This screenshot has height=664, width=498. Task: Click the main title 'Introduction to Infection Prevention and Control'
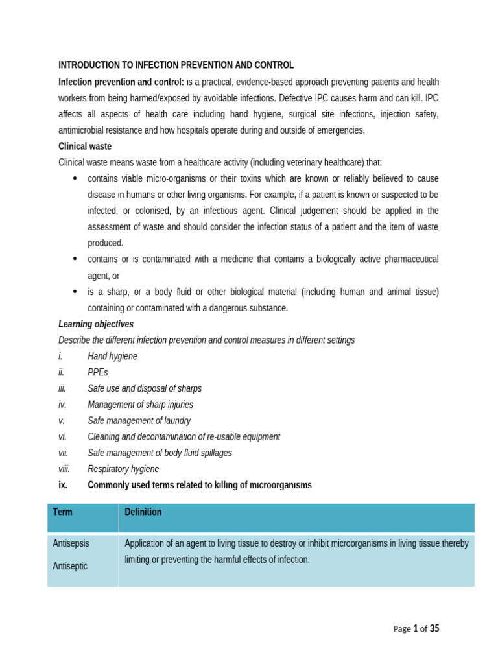(x=176, y=65)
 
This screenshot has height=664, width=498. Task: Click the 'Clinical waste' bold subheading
(x=85, y=147)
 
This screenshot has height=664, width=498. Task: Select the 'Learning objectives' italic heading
(x=96, y=324)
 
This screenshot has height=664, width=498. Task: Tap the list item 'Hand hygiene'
(x=112, y=356)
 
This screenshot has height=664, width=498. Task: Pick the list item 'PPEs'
(x=98, y=372)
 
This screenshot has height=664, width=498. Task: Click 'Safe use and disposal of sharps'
(x=145, y=388)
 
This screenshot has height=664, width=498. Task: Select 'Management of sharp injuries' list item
(x=140, y=405)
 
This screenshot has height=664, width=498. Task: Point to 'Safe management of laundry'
(x=139, y=421)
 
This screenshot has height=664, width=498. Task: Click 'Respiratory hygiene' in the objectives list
(x=123, y=469)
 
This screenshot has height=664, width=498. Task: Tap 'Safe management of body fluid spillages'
(x=160, y=453)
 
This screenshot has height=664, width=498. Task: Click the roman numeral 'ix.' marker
(x=63, y=485)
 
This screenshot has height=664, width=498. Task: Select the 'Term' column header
(x=62, y=512)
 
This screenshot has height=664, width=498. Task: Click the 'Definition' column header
(x=143, y=512)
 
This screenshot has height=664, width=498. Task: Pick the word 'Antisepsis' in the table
(x=71, y=543)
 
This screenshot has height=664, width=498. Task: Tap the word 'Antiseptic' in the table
(x=70, y=566)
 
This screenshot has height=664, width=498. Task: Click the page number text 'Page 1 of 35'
(x=416, y=628)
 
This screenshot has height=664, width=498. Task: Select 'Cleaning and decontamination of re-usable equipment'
(x=184, y=437)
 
